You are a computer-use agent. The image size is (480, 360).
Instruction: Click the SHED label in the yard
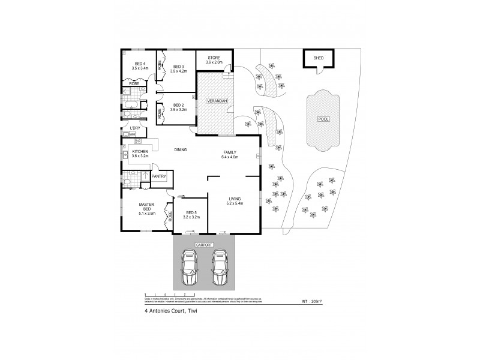click(x=318, y=58)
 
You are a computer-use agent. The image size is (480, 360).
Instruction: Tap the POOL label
click(x=323, y=119)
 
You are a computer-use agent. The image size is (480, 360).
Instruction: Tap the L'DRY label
click(x=135, y=128)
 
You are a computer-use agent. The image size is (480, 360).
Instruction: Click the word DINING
click(x=180, y=151)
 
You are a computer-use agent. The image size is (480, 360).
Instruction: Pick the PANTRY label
click(x=159, y=176)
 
